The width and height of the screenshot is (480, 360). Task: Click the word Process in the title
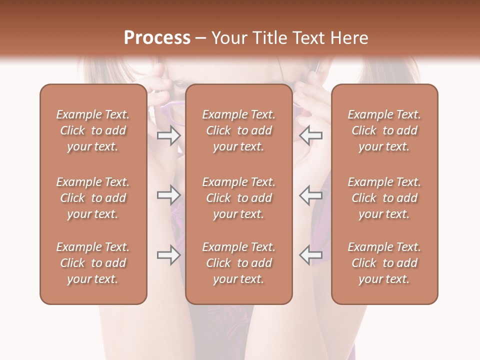[157, 38]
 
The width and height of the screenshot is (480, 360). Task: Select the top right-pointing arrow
[169, 135]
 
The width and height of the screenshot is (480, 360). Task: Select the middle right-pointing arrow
[169, 195]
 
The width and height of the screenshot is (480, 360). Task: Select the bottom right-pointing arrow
[169, 255]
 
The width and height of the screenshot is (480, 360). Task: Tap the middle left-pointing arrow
[310, 195]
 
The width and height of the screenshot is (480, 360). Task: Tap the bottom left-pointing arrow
[310, 255]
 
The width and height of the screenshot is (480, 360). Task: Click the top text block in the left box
[93, 130]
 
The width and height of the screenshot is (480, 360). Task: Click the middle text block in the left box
[93, 198]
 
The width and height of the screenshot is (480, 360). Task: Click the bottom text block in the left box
[93, 263]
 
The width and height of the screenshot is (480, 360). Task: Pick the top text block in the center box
[238, 130]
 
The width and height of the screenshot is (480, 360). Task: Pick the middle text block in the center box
[238, 198]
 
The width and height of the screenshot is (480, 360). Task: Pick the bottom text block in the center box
[238, 263]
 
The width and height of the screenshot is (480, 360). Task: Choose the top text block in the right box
[384, 130]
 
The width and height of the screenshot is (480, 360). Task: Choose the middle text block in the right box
[384, 198]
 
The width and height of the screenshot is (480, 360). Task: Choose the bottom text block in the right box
[384, 263]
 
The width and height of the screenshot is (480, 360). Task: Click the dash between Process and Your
[201, 38]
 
